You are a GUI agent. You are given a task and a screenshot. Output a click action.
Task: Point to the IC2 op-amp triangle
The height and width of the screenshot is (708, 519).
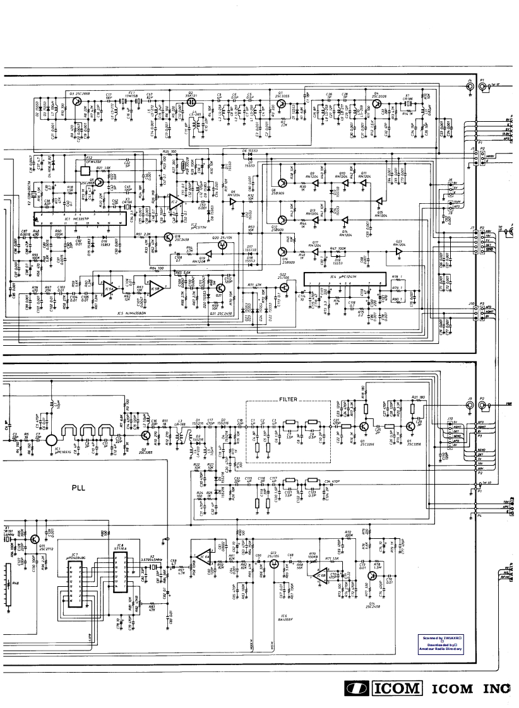[x=175, y=203]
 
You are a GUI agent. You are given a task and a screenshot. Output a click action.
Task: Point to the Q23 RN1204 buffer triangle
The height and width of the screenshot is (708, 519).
[x=398, y=252]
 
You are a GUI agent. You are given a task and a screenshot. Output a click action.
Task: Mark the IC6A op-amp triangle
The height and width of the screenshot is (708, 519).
[x=203, y=558]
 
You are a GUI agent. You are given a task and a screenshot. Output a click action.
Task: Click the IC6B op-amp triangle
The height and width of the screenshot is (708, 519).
[x=323, y=576]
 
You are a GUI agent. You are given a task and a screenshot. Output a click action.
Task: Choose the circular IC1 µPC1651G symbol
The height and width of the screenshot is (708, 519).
[x=52, y=435]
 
